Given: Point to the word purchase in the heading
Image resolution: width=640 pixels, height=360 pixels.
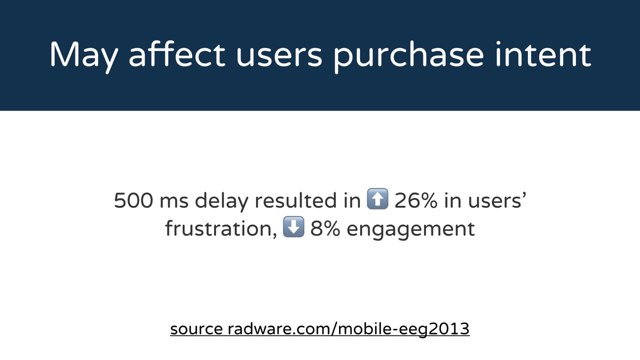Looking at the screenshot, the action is pyautogui.click(x=408, y=57).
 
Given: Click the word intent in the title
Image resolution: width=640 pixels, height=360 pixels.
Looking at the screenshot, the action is pyautogui.click(x=543, y=54).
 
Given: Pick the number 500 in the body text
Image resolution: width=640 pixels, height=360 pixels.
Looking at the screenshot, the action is pyautogui.click(x=133, y=200).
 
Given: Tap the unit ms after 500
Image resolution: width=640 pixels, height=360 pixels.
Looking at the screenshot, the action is pyautogui.click(x=174, y=202).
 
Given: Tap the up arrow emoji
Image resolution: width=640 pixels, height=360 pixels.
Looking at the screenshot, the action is pyautogui.click(x=377, y=198).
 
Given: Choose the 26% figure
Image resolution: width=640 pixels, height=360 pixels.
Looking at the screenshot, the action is pyautogui.click(x=416, y=200).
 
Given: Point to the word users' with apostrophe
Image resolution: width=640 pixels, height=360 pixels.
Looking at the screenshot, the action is pyautogui.click(x=497, y=200).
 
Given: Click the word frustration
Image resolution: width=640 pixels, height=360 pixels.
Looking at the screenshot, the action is pyautogui.click(x=219, y=228).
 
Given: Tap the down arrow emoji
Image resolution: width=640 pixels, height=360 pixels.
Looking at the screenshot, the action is pyautogui.click(x=293, y=226).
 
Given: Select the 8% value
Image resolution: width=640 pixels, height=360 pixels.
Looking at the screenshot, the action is pyautogui.click(x=325, y=228).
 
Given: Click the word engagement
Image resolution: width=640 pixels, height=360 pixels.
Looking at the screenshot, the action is pyautogui.click(x=411, y=230).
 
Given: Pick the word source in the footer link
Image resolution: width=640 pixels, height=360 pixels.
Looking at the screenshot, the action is pyautogui.click(x=196, y=329).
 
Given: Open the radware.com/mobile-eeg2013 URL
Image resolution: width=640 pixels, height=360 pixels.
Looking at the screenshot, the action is pyautogui.click(x=349, y=329).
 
